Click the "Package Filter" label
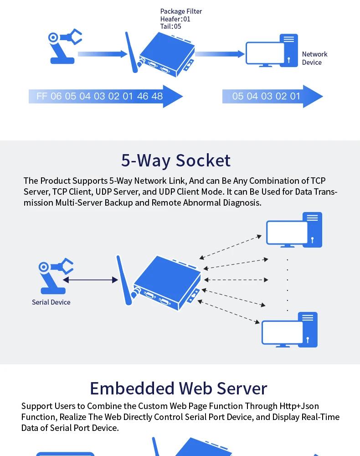pyautogui.click(x=181, y=11)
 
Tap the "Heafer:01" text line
pyautogui.click(x=175, y=19)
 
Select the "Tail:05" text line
pyautogui.click(x=171, y=26)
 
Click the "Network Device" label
pyautogui.click(x=314, y=58)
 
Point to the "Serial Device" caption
pyautogui.click(x=51, y=302)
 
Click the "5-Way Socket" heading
pyautogui.click(x=176, y=161)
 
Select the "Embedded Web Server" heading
pyautogui.click(x=178, y=389)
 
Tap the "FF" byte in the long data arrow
pyautogui.click(x=42, y=96)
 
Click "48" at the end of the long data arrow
pyautogui.click(x=156, y=96)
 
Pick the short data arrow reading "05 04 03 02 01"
pyautogui.click(x=267, y=96)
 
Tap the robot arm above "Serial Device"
pyautogui.click(x=55, y=276)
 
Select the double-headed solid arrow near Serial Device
pyautogui.click(x=90, y=280)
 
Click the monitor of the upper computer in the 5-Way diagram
pyautogui.click(x=287, y=233)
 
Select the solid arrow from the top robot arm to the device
pyautogui.click(x=103, y=54)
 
